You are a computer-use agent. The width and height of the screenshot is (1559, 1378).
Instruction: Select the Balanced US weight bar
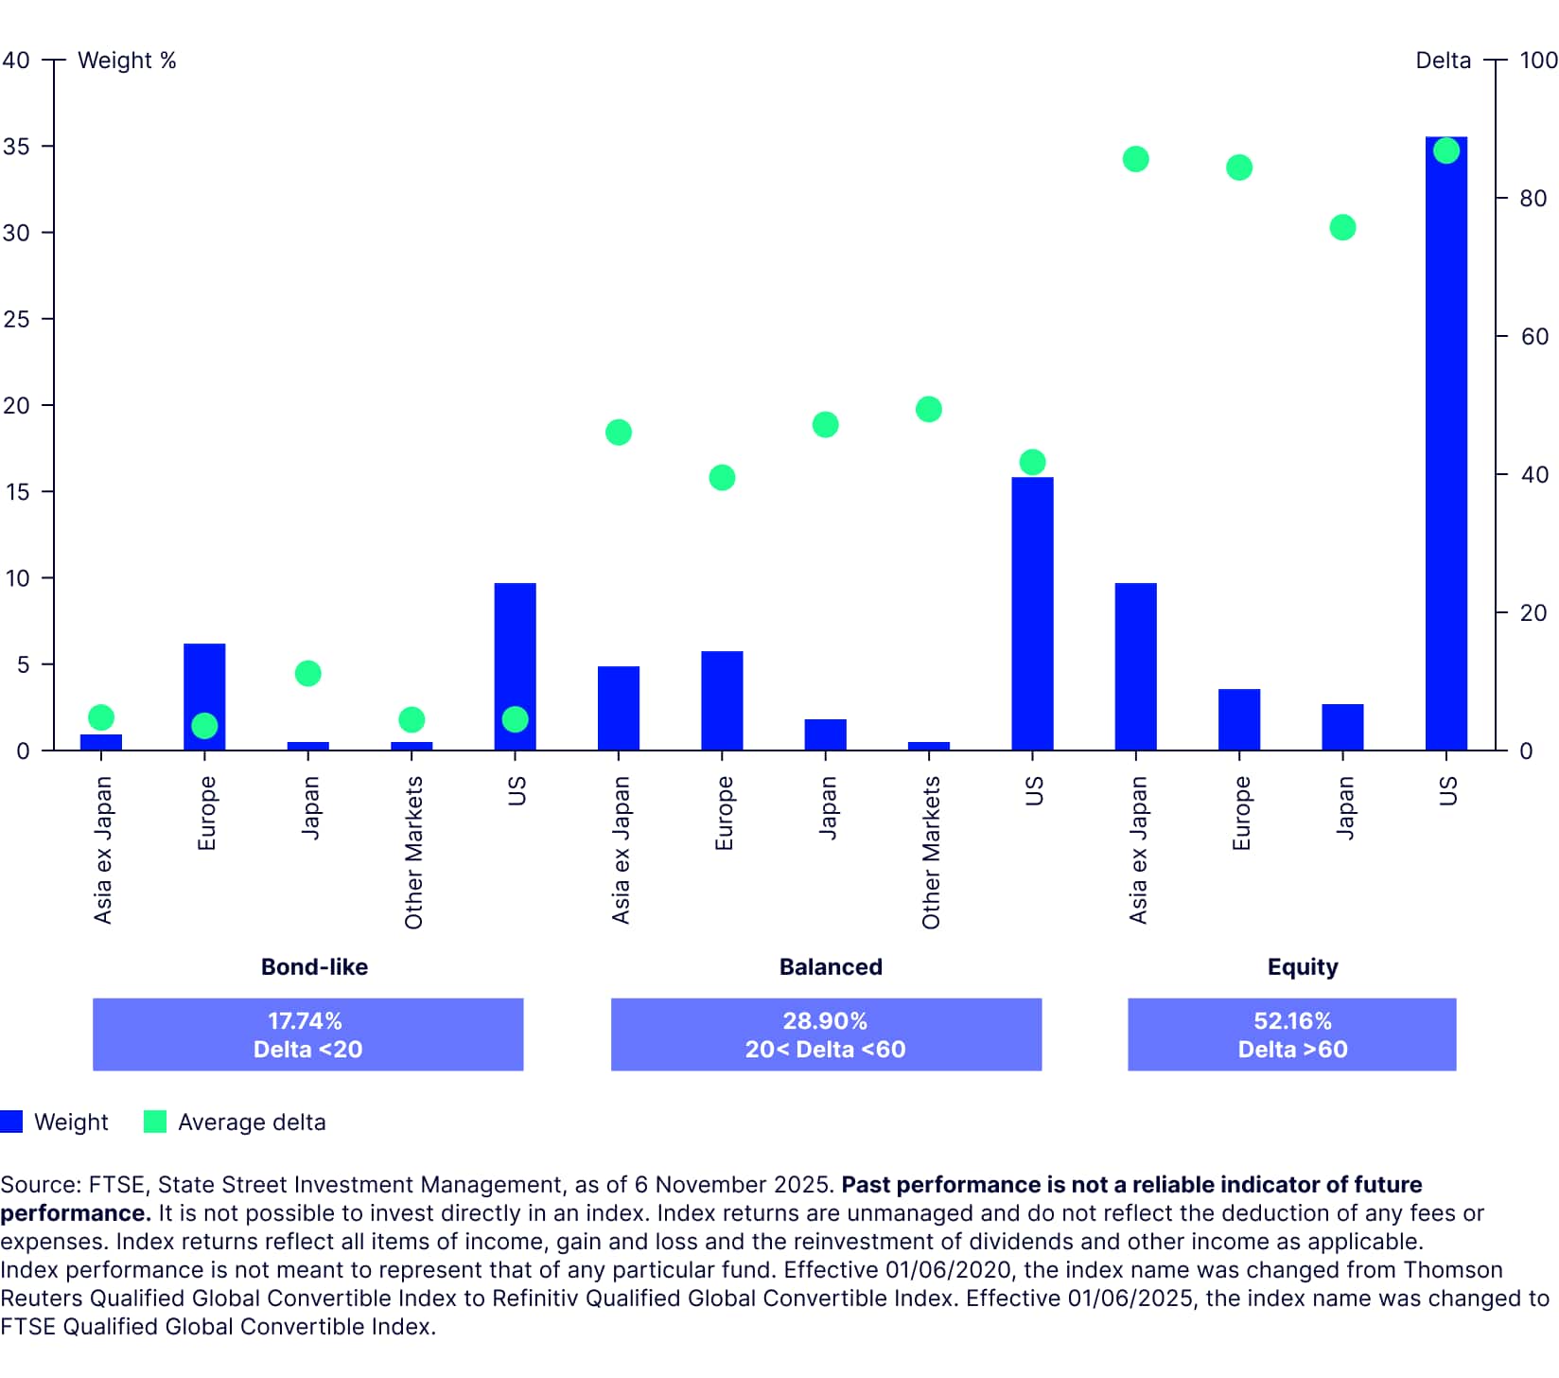[x=1032, y=615]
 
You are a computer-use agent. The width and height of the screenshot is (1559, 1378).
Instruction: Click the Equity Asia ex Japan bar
[x=1135, y=667]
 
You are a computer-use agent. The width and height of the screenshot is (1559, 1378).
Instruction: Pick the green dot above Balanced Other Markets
[x=929, y=409]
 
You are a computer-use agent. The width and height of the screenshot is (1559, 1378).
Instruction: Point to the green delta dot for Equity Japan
[x=1342, y=227]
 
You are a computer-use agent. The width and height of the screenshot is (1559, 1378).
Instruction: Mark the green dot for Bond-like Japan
[x=307, y=673]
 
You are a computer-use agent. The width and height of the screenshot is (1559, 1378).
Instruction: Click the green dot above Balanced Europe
[x=722, y=477]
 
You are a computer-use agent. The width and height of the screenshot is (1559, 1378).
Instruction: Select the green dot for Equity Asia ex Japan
[x=1135, y=159]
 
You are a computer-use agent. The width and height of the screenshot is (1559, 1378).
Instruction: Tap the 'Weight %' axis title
[x=127, y=61]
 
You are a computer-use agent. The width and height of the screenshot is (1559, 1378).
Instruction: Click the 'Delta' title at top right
[x=1443, y=61]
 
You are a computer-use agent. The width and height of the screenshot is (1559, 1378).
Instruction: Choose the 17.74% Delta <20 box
[x=307, y=1034]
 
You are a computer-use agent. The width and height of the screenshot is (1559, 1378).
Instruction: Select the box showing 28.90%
[x=826, y=1034]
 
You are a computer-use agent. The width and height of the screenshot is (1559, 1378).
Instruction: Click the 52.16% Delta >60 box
[x=1291, y=1034]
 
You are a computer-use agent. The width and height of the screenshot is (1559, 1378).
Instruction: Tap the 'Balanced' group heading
[x=831, y=966]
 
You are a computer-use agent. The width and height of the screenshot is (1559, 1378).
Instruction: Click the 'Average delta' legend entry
[x=251, y=1122]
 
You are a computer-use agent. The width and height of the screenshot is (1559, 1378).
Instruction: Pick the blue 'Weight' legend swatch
[x=11, y=1122]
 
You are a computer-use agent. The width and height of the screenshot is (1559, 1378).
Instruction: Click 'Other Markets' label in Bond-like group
[x=413, y=852]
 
